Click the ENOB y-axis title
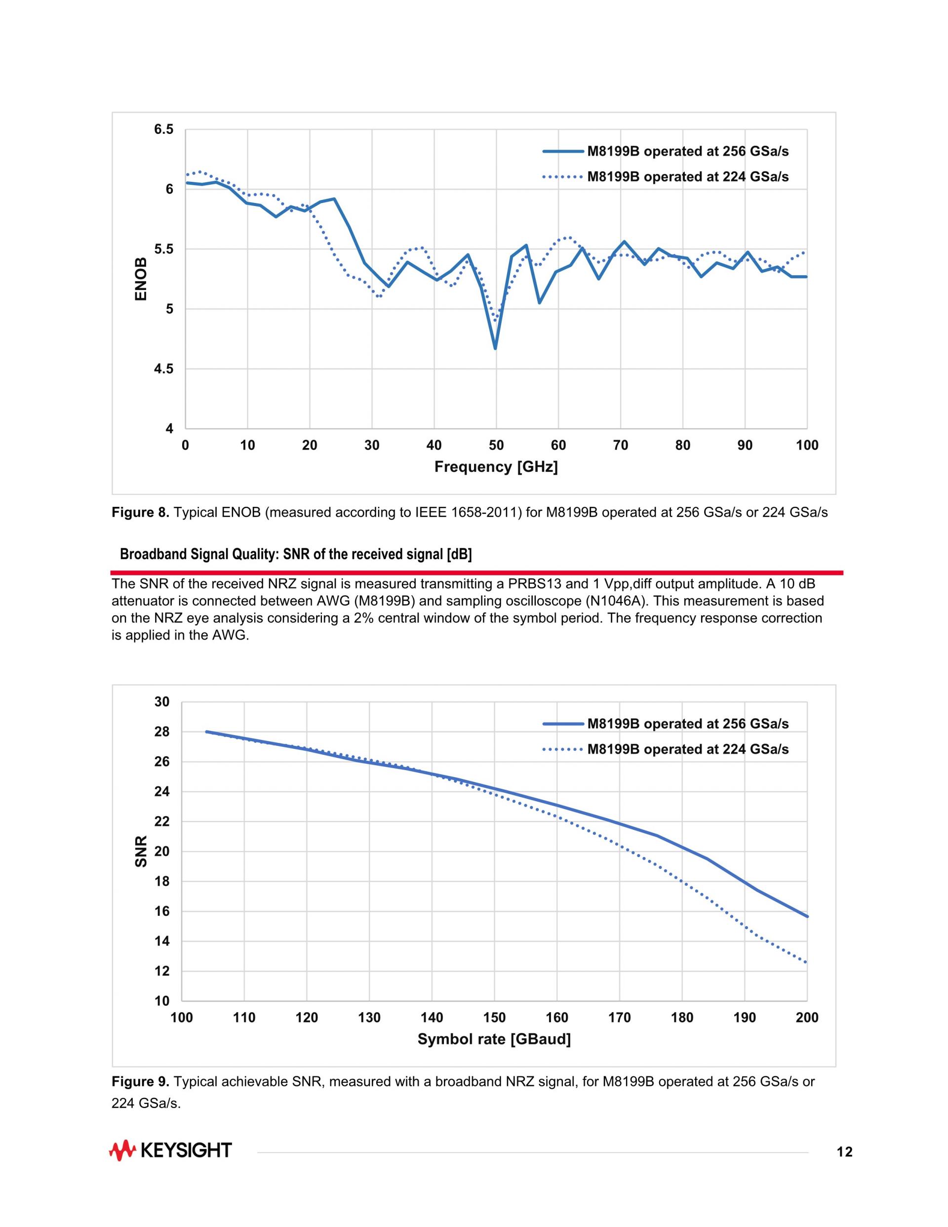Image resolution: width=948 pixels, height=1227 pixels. [x=141, y=279]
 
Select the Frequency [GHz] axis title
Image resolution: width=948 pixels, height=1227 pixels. [x=496, y=467]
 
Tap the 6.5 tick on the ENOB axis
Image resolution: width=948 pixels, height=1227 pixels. [x=164, y=130]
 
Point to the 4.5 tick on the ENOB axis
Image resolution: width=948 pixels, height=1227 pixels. [x=164, y=369]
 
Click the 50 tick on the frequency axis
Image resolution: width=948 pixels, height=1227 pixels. [x=496, y=446]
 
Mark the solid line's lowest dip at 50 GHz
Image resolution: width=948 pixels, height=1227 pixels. [x=495, y=348]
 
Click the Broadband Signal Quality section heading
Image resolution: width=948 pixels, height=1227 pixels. [x=296, y=555]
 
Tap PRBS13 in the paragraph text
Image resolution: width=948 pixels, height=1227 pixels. [x=533, y=584]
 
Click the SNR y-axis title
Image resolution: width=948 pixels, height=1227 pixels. [x=141, y=851]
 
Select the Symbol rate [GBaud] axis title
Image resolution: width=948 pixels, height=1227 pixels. [x=494, y=1039]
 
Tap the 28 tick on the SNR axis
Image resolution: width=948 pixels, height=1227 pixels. [x=162, y=732]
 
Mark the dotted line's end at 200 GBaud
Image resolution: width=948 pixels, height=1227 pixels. [x=806, y=962]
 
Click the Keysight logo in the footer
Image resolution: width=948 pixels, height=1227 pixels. [x=170, y=1150]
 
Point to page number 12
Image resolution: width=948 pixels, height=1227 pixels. [x=844, y=1153]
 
